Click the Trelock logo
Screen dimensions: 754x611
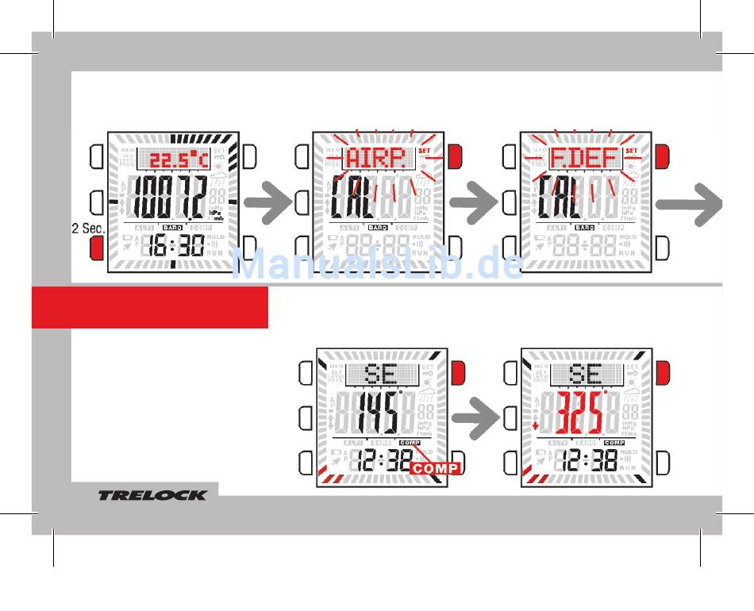point(152,496)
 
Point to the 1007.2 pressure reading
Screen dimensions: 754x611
point(167,198)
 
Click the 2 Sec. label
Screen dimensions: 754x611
point(89,229)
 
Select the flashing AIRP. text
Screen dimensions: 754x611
point(375,159)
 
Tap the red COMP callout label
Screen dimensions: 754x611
point(434,468)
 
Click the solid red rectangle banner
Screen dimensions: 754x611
point(149,307)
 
